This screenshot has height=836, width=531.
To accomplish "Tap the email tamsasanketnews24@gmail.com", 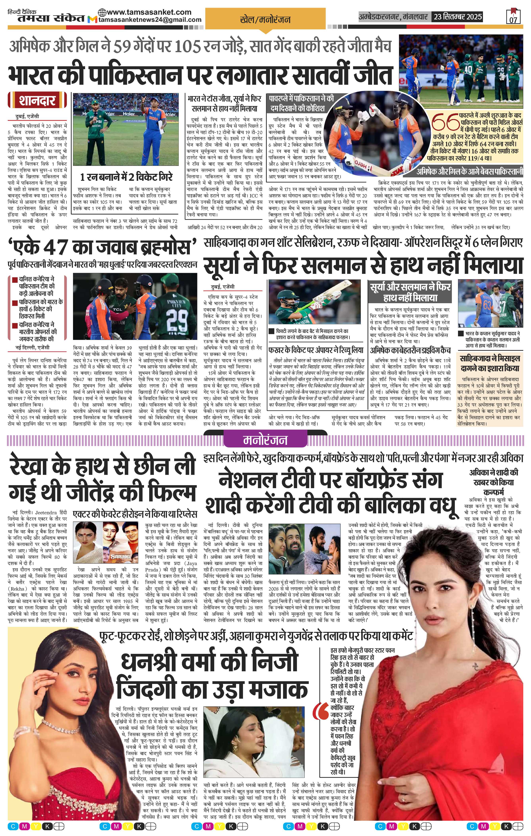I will coord(150,20).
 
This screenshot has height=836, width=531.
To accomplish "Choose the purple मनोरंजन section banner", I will coord(265,440).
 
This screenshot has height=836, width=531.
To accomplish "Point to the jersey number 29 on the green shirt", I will coord(178,318).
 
